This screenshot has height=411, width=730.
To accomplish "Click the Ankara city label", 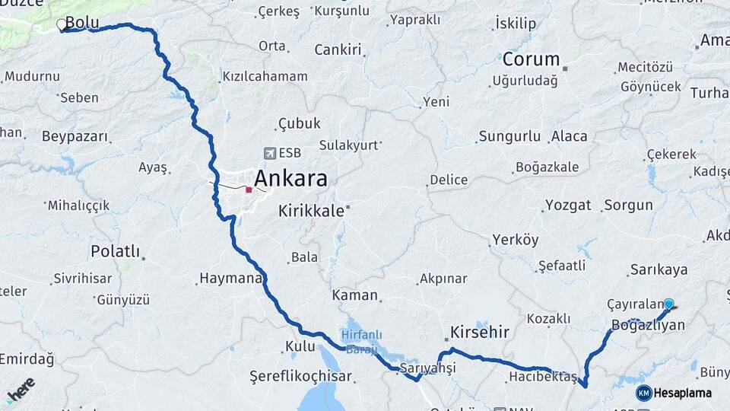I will (x=290, y=179).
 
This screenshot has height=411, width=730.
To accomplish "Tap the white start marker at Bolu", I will (x=62, y=25).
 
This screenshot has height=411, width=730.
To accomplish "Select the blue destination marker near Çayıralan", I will (x=668, y=304).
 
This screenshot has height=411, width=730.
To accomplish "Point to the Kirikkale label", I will (x=311, y=211).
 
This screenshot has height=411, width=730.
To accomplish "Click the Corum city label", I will (x=530, y=59).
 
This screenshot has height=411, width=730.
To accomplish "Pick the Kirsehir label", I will (x=480, y=333).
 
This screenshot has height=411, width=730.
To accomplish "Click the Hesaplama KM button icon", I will (x=643, y=393).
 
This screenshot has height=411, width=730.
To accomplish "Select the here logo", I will (x=21, y=389).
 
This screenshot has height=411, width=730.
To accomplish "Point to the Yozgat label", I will (x=567, y=205).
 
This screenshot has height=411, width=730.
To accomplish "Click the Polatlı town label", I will (x=116, y=251).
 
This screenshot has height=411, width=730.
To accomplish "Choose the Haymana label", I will (x=230, y=278).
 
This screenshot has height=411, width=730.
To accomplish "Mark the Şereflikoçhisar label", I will (x=300, y=376).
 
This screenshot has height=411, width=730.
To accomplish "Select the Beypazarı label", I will (x=75, y=137).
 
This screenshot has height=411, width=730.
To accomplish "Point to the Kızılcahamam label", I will (x=265, y=76).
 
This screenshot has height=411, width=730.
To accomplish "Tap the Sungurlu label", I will (x=509, y=137).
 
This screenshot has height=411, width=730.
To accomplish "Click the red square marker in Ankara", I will (x=249, y=190).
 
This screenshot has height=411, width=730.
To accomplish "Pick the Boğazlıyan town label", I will (x=647, y=325).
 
